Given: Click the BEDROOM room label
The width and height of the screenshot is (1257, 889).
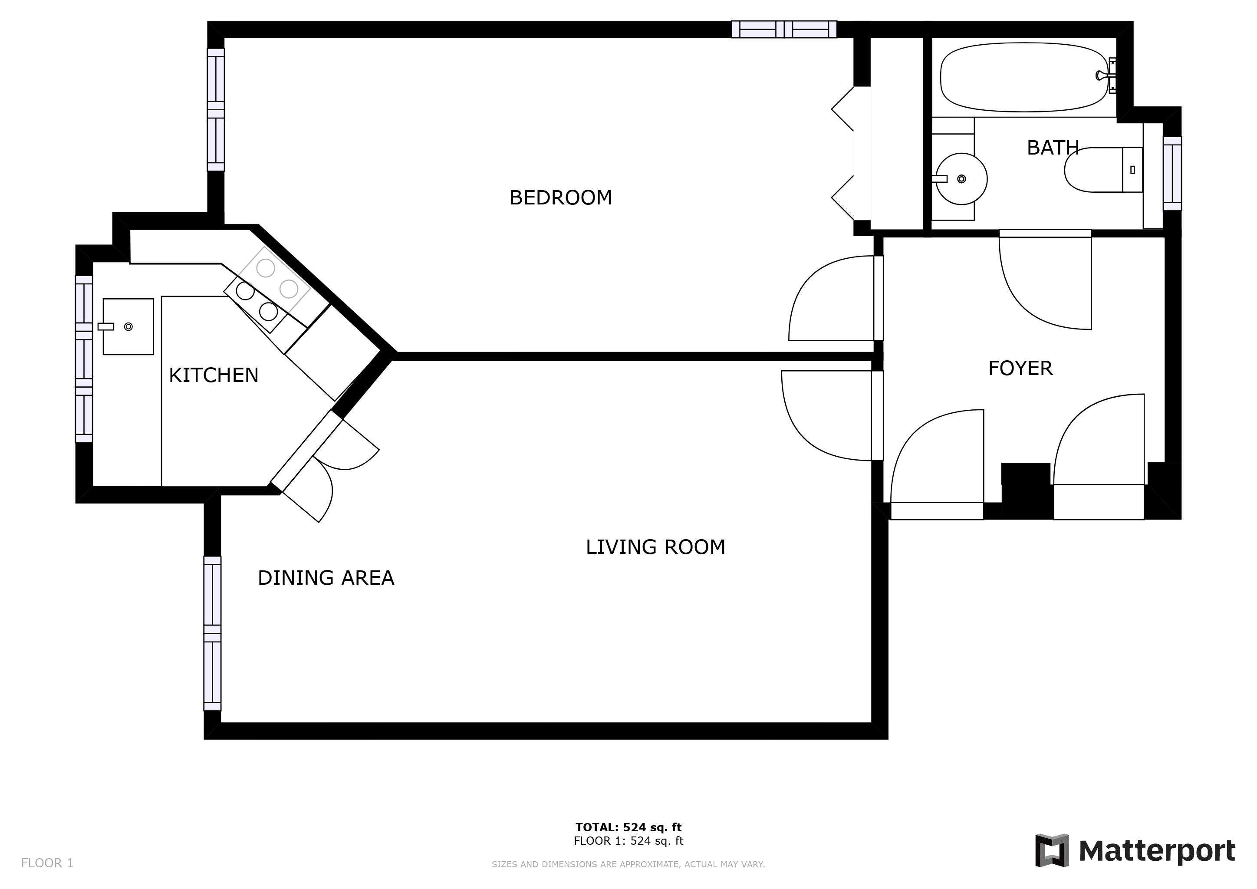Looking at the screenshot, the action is click(561, 198).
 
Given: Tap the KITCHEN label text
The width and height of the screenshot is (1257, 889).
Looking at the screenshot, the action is click(214, 375).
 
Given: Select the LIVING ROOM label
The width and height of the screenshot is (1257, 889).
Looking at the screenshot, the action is click(655, 547).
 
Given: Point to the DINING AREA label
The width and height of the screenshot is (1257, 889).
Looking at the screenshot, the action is click(326, 577).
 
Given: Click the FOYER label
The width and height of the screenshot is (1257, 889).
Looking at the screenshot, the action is click(1020, 369).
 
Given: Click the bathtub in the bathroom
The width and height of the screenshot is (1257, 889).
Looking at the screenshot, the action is click(1024, 77).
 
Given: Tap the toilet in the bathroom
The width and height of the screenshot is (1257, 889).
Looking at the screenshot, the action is click(1103, 170).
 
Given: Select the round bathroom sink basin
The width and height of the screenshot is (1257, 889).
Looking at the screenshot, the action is click(961, 179).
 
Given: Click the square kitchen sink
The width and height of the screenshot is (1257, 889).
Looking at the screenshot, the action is click(128, 327).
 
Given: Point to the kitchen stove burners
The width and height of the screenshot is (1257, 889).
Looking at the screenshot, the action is click(267, 290).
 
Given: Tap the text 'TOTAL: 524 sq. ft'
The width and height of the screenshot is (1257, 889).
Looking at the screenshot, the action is click(628, 827).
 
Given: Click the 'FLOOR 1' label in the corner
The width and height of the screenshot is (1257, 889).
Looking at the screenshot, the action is click(47, 863).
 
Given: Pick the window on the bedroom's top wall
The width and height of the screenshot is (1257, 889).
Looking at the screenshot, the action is click(784, 30).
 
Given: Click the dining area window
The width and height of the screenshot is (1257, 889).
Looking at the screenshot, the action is click(212, 633).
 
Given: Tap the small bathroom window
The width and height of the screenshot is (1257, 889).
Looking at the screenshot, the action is click(1172, 173).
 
